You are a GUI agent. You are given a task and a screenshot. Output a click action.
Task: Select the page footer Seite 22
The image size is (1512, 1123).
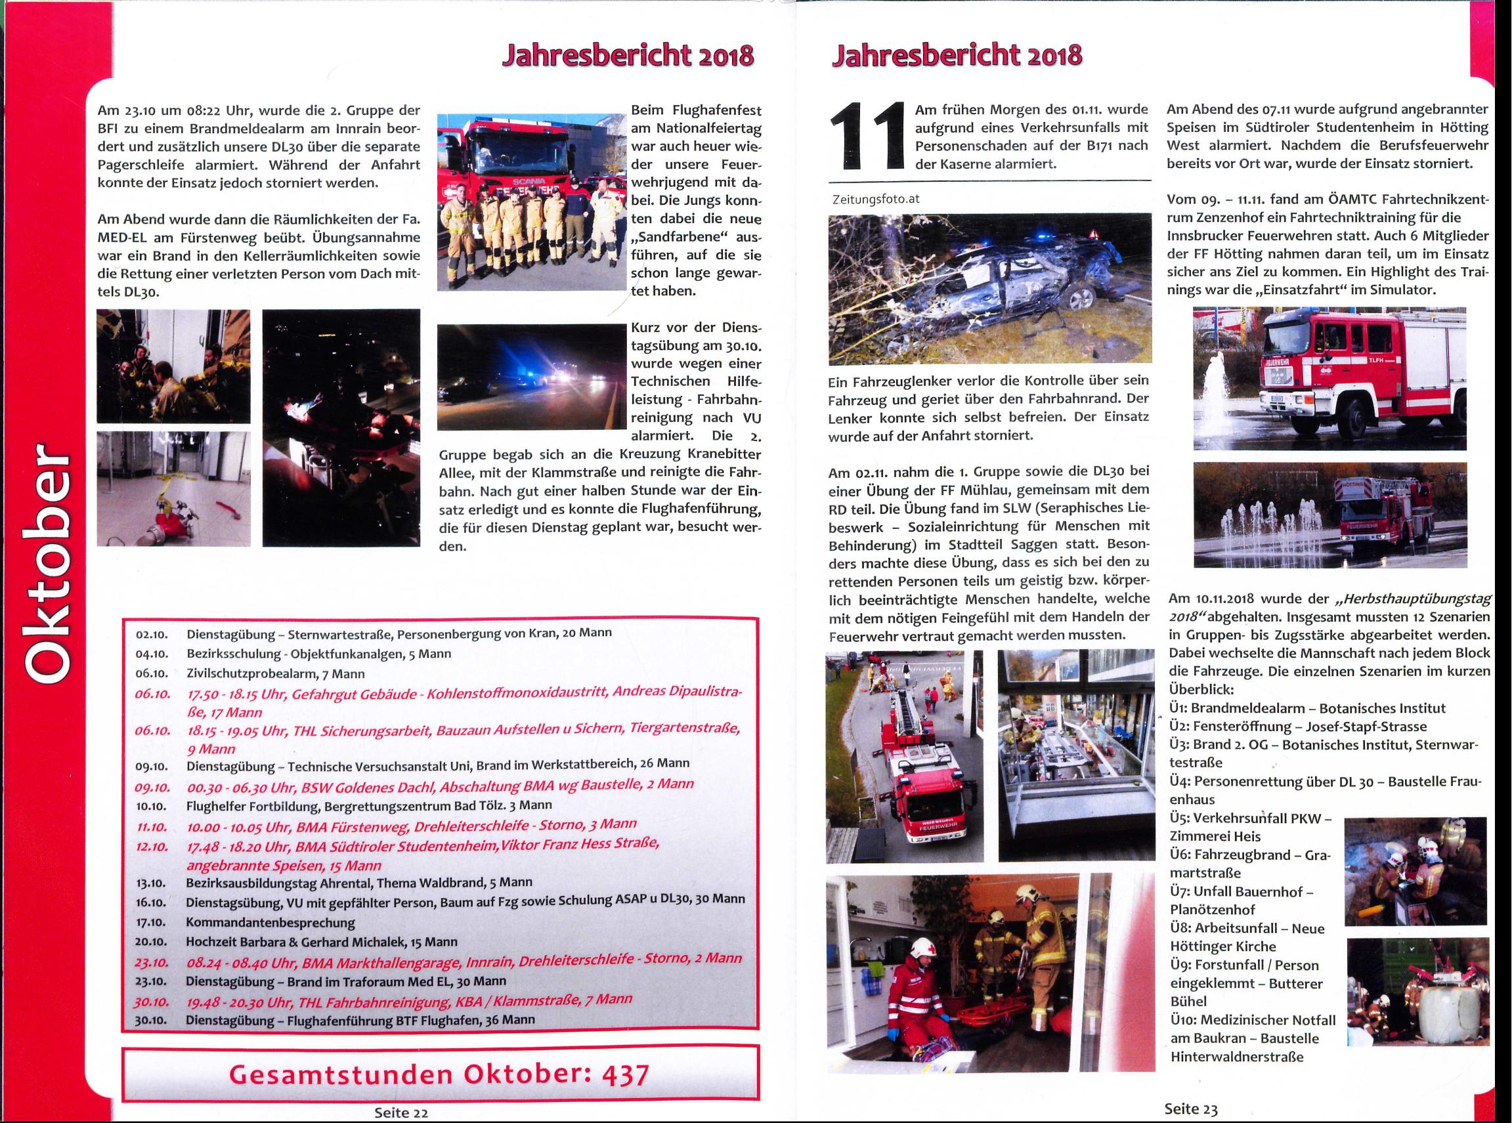[x=400, y=1112]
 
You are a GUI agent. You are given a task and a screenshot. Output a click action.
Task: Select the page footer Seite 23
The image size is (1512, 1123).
[x=1190, y=1109]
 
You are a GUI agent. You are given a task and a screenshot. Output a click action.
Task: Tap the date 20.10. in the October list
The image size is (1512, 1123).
[x=152, y=943]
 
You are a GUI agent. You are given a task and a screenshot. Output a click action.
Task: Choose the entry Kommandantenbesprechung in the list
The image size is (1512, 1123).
[x=270, y=922]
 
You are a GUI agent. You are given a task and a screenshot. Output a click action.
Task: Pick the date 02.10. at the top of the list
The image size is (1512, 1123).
[x=152, y=633]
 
